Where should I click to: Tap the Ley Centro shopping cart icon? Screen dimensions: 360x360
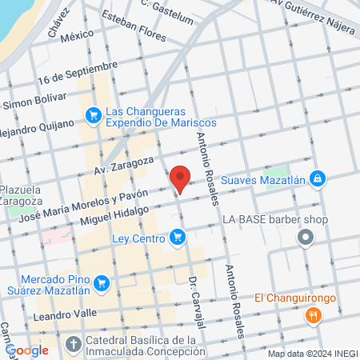pos(178,237)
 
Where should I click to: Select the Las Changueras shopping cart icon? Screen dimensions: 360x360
pos(94,116)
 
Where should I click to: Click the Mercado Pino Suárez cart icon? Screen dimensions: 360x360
pos(101,282)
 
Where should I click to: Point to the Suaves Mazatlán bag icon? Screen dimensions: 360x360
pos(318,178)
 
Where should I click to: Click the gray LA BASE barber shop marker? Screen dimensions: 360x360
pos(305,237)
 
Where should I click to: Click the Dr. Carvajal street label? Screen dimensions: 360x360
pos(197,302)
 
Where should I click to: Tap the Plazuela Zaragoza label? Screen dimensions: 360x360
pos(20,194)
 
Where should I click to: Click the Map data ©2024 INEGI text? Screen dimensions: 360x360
pos(312,353)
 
